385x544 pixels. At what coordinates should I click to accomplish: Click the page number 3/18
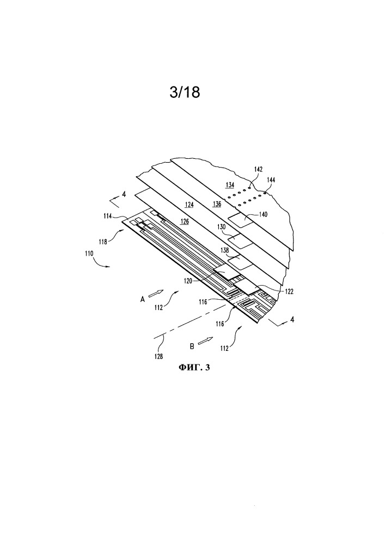click(185, 92)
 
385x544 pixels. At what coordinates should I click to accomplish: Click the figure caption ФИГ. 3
click(194, 367)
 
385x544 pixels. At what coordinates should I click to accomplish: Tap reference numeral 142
click(258, 170)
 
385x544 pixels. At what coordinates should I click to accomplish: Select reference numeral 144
click(271, 180)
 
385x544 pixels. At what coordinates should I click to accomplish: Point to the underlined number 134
click(230, 185)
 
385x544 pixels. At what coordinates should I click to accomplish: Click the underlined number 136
click(217, 204)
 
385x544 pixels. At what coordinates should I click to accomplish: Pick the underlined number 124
click(189, 205)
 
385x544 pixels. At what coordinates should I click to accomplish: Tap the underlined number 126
click(185, 221)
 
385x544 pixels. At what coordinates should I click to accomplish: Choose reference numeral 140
click(263, 214)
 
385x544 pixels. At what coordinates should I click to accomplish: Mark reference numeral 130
click(222, 227)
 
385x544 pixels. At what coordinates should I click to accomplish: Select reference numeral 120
click(188, 282)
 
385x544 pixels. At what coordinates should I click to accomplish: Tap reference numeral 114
click(107, 216)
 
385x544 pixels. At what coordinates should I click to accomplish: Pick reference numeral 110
click(89, 254)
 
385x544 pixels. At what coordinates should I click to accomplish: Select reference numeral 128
click(158, 356)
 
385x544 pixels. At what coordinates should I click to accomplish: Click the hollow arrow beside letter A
click(155, 293)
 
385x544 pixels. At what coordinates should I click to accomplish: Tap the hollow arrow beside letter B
click(204, 342)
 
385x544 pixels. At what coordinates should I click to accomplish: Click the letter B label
click(192, 346)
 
